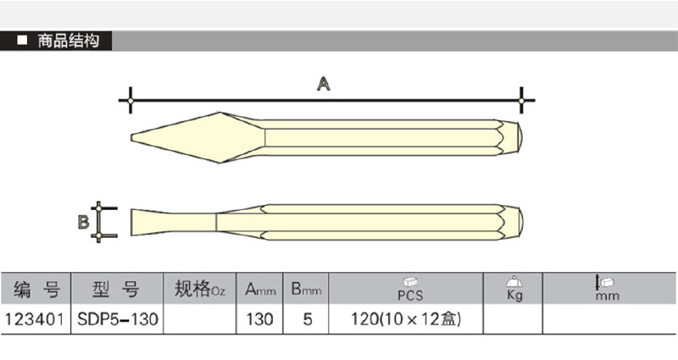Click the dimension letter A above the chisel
click(x=324, y=83)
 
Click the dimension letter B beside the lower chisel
click(x=83, y=223)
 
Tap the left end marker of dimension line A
click(x=130, y=101)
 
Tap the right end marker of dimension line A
click(x=520, y=101)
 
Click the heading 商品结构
click(x=69, y=41)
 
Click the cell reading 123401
click(x=36, y=319)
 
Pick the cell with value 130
click(x=261, y=319)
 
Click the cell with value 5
click(x=307, y=319)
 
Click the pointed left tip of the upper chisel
click(x=133, y=139)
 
